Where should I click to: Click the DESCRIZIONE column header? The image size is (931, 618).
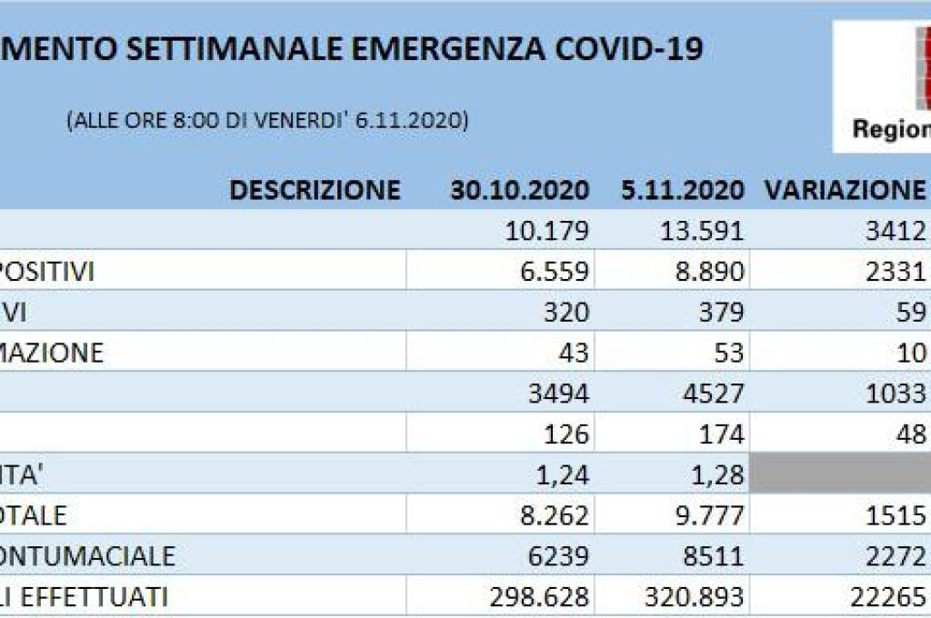(x=315, y=190)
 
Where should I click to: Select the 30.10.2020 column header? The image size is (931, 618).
(x=520, y=190)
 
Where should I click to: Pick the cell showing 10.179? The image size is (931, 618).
(x=546, y=231)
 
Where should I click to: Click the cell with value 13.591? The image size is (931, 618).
(x=701, y=231)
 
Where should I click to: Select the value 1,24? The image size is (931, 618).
(x=564, y=474)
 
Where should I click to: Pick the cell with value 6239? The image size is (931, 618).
(x=558, y=555)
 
